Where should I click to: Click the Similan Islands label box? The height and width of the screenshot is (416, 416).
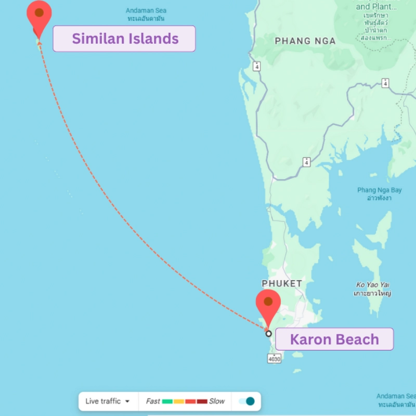[124, 38]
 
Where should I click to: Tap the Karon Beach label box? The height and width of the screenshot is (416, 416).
[334, 340]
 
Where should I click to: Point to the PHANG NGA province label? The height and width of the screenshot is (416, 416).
[305, 41]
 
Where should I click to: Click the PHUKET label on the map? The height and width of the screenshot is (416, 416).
[282, 283]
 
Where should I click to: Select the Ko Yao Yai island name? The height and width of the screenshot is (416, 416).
[373, 284]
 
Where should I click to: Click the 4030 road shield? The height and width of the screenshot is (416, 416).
[274, 358]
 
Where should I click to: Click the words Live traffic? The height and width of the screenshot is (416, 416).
[103, 401]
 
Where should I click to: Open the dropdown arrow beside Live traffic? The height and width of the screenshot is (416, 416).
[127, 401]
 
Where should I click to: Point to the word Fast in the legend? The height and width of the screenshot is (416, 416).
[153, 401]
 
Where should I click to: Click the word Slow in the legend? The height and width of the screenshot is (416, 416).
[217, 401]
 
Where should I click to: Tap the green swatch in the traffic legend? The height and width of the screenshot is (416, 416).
[167, 401]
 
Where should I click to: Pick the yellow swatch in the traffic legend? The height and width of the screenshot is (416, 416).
[179, 401]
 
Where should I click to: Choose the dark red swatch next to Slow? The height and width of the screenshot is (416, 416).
[202, 401]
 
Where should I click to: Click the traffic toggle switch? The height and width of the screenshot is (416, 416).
[247, 401]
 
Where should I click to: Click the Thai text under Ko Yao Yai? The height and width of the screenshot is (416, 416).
[372, 293]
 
